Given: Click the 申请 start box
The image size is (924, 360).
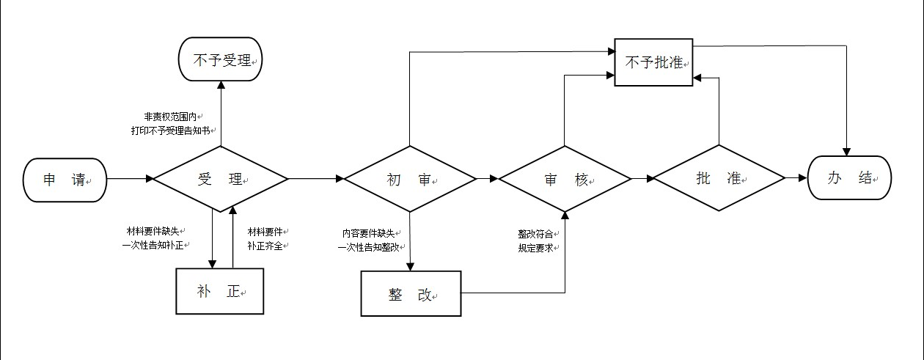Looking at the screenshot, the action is pyautogui.click(x=65, y=180).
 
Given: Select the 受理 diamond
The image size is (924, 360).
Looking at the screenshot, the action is pyautogui.click(x=221, y=179).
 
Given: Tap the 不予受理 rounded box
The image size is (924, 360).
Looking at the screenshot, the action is pyautogui.click(x=220, y=59).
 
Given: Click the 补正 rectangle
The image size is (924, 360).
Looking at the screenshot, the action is pyautogui.click(x=220, y=291).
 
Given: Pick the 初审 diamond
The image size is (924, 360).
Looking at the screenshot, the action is pyautogui.click(x=410, y=179).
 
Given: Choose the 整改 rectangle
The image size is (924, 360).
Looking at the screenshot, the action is pyautogui.click(x=411, y=293).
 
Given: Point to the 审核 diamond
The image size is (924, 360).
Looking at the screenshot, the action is pyautogui.click(x=565, y=179).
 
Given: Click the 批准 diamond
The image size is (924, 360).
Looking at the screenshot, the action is pyautogui.click(x=719, y=178).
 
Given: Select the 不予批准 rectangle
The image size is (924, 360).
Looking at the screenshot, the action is pyautogui.click(x=653, y=62).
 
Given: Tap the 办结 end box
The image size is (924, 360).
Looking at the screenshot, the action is pyautogui.click(x=849, y=177).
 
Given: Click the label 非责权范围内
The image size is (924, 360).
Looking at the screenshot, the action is pyautogui.click(x=170, y=117).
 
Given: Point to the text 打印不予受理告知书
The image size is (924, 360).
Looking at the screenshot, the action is pyautogui.click(x=171, y=131).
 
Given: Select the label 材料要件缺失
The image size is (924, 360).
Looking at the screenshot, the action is pyautogui.click(x=153, y=231).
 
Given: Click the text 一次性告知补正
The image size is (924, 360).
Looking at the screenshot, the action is pyautogui.click(x=153, y=245).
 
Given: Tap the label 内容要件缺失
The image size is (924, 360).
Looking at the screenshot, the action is pyautogui.click(x=369, y=233).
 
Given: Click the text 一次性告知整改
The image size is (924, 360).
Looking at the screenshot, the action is pyautogui.click(x=369, y=247).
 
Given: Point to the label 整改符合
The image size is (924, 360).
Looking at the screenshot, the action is pyautogui.click(x=535, y=234).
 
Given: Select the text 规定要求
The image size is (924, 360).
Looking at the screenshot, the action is pyautogui.click(x=535, y=249).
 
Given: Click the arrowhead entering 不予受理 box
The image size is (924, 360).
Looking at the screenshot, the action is pyautogui.click(x=221, y=85).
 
